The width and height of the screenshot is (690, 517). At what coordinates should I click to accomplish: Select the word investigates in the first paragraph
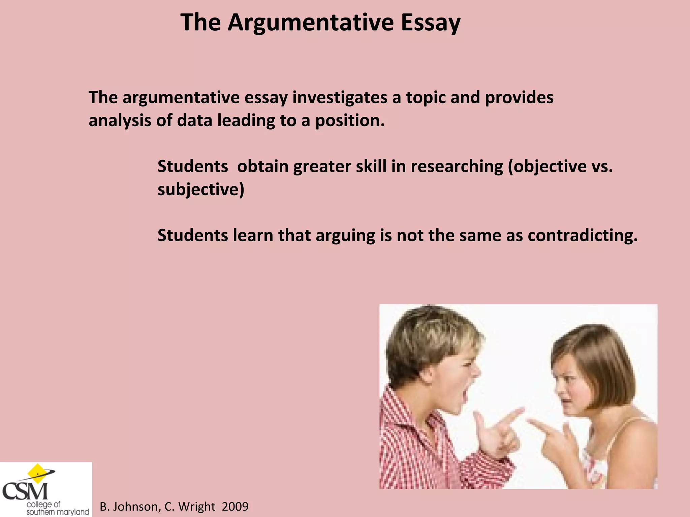click(340, 98)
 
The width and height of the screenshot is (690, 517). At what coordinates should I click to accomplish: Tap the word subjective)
click(201, 189)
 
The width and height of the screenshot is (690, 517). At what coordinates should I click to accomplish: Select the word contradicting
click(583, 235)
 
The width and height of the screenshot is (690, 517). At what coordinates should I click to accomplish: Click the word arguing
click(345, 236)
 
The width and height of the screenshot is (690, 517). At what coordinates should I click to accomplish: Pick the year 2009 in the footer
click(235, 507)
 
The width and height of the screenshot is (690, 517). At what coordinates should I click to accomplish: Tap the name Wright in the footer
click(196, 507)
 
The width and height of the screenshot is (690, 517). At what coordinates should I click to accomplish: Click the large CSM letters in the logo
click(25, 491)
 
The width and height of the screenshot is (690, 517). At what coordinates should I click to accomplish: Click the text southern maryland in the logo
click(58, 512)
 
